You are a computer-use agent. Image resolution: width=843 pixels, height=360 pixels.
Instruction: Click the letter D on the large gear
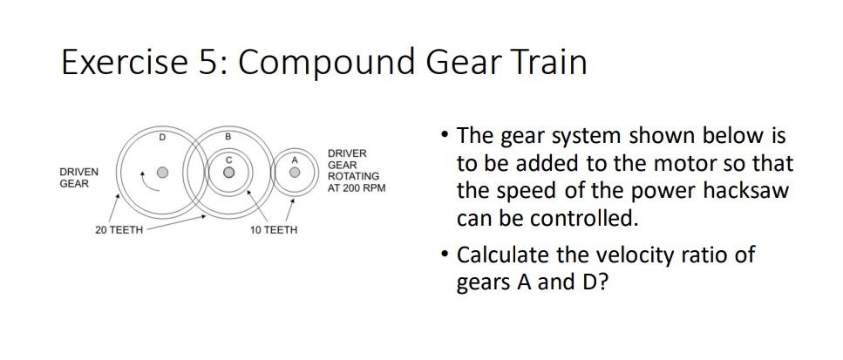coord(162,138)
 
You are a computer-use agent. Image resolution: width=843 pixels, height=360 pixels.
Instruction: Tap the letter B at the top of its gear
coord(228,137)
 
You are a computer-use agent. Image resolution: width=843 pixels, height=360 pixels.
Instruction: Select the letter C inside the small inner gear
coord(228,160)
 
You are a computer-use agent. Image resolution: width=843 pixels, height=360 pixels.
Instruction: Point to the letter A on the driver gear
coord(295,160)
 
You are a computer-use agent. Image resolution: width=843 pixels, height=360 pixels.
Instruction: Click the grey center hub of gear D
coord(162,173)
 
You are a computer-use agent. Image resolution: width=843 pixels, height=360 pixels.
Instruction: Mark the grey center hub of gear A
coord(295,173)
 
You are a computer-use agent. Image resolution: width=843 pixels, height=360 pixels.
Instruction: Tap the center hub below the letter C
coord(228,173)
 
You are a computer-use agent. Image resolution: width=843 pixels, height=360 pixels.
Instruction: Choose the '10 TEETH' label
coord(273,229)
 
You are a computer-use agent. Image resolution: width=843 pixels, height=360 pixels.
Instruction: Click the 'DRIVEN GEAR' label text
coord(78,178)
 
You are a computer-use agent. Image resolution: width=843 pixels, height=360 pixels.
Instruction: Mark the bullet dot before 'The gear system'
coord(445,136)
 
